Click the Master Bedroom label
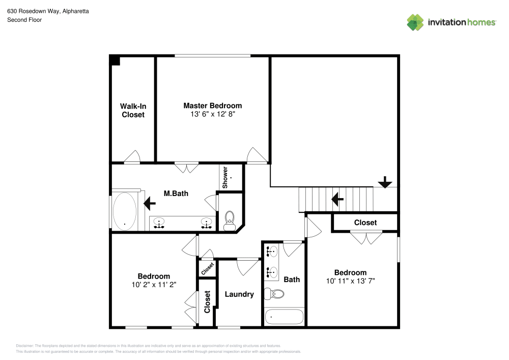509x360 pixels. coord(212,106)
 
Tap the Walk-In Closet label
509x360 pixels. coord(133,110)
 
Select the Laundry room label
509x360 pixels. coord(239,294)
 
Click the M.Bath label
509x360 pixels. coord(174,193)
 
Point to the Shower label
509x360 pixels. coord(225,176)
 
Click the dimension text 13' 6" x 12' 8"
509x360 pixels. coord(212,115)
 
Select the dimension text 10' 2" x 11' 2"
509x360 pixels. coord(154,285)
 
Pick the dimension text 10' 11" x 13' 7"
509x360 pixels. coord(350,281)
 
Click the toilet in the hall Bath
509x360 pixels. coord(277,294)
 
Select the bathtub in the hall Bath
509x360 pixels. coord(285,317)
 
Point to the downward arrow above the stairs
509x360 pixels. coord(385,182)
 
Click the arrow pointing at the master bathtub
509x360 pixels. coord(150,204)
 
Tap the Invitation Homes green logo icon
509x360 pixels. coord(415,22)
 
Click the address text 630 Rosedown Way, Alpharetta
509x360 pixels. coord(48,11)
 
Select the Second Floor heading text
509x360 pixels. coord(24,20)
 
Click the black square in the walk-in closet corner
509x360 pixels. coord(116,61)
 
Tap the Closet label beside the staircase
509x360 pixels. coord(365,223)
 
